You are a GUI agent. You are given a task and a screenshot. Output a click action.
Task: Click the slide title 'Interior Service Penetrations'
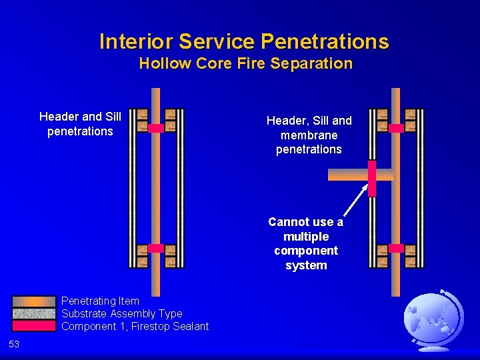click(x=243, y=41)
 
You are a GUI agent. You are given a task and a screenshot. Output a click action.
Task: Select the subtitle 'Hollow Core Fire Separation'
click(x=245, y=64)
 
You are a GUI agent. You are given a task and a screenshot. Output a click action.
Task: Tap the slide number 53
click(x=14, y=344)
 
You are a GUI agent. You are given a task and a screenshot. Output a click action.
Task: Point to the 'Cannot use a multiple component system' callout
click(x=305, y=243)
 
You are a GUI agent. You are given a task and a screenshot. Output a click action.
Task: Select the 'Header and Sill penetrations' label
click(x=80, y=124)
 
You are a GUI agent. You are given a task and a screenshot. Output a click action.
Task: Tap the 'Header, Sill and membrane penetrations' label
click(x=309, y=135)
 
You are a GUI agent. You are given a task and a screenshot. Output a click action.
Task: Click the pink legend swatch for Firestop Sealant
click(x=33, y=326)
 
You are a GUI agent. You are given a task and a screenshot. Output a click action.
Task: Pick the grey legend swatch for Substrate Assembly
click(x=33, y=313)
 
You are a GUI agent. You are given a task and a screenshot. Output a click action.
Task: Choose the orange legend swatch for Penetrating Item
click(x=33, y=301)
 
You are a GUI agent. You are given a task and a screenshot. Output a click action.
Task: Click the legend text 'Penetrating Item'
click(x=100, y=301)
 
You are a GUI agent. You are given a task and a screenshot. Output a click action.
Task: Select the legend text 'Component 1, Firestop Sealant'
click(x=135, y=326)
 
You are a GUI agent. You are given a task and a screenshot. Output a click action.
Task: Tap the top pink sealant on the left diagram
click(x=155, y=128)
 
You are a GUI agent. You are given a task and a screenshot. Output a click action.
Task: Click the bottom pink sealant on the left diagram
click(x=155, y=248)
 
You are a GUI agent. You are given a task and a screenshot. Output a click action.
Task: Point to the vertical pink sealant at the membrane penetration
click(x=372, y=178)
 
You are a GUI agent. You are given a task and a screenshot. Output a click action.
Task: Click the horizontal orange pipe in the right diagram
click(x=347, y=175)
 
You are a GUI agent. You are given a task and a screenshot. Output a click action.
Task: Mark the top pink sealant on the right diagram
click(x=396, y=128)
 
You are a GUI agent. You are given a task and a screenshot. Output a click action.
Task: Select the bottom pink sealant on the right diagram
click(x=396, y=248)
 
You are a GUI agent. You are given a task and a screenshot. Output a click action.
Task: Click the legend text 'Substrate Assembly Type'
click(x=121, y=313)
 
